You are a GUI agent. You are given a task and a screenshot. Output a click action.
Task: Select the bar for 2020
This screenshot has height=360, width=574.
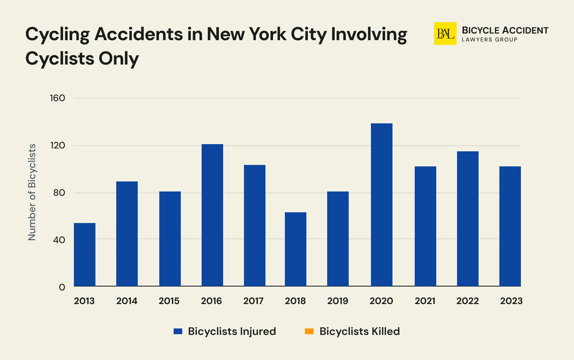click(x=381, y=205)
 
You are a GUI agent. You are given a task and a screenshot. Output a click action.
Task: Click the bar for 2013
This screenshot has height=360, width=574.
click(x=85, y=255)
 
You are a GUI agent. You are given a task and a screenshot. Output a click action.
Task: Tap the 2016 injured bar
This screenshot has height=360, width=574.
click(x=212, y=215)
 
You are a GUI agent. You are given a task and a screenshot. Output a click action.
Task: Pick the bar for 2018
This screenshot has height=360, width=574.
click(x=295, y=249)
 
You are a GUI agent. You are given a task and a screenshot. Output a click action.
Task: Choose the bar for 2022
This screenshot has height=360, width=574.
click(x=467, y=219)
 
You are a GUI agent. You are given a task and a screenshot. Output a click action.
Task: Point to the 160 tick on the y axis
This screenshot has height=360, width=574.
click(x=57, y=98)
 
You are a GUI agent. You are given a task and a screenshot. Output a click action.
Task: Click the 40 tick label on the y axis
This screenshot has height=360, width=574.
click(x=59, y=240)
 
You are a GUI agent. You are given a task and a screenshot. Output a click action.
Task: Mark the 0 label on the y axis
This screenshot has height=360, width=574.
click(x=62, y=287)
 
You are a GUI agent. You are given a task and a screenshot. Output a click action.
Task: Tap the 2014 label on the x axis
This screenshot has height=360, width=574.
click(x=127, y=301)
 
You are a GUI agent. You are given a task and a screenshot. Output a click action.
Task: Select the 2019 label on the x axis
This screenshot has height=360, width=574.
click(x=338, y=301)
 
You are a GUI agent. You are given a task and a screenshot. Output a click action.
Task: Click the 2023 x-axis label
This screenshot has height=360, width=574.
click(x=511, y=301)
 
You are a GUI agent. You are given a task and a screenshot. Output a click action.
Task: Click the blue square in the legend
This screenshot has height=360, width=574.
click(x=178, y=331)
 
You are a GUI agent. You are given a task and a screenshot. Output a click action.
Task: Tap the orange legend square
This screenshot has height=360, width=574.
click(x=309, y=331)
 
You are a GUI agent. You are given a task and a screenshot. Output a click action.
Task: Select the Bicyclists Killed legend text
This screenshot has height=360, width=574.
click(x=359, y=331)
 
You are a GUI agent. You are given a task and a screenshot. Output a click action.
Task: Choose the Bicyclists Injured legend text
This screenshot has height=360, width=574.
click(x=232, y=331)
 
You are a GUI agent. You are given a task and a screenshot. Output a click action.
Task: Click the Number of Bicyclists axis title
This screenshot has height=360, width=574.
click(x=32, y=192)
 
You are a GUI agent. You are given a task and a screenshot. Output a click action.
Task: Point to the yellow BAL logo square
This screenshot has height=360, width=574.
click(x=445, y=34)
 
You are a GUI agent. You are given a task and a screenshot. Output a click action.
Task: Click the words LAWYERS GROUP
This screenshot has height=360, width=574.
click(x=489, y=40)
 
